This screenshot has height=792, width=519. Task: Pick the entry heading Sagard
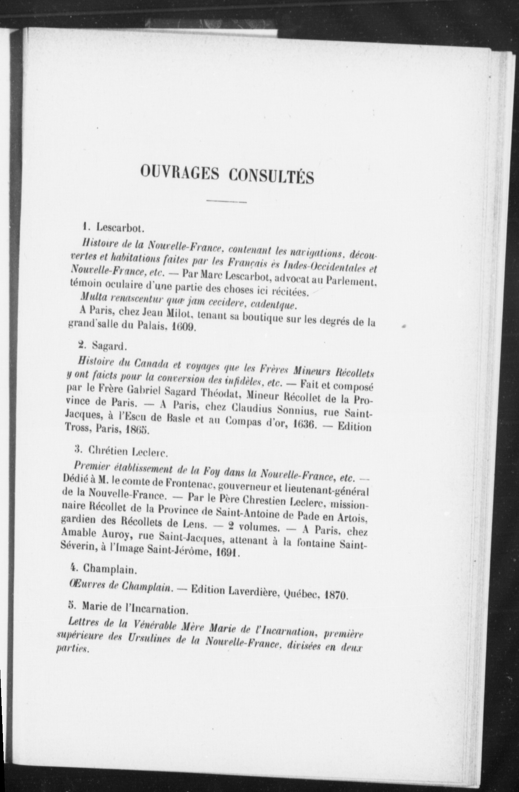click(109, 346)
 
